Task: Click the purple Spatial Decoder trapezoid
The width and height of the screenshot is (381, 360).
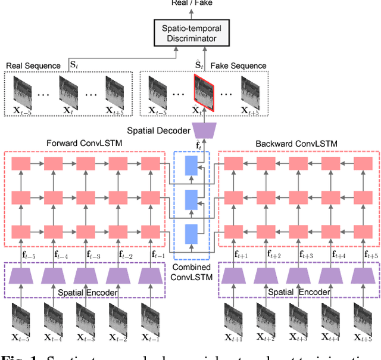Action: pos(191,130)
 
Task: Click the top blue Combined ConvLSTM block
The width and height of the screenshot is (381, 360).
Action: pos(191,165)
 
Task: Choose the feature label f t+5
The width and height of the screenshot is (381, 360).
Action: pos(357,255)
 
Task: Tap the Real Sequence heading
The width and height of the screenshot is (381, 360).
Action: pos(33,66)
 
